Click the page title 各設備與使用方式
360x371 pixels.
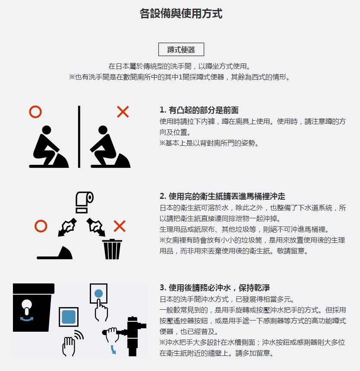click(x=181, y=13)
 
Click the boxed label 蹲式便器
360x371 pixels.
click(x=181, y=50)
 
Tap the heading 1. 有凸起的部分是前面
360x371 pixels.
click(x=199, y=110)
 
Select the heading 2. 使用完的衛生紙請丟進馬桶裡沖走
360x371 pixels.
click(x=222, y=196)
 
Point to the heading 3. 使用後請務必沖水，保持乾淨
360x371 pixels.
click(x=215, y=288)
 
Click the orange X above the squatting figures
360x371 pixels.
click(x=123, y=112)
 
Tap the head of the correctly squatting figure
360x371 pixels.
click(x=46, y=130)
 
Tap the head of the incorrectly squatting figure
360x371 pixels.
click(x=103, y=130)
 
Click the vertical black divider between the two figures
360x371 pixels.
click(x=79, y=136)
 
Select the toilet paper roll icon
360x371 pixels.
click(x=85, y=202)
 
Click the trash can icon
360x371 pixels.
click(x=112, y=249)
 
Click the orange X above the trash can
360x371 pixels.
click(x=120, y=226)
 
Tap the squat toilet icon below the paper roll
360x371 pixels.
click(x=55, y=253)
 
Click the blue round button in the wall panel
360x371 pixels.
click(x=98, y=294)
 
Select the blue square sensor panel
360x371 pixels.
click(x=69, y=317)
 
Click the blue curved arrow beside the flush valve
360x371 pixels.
click(x=114, y=349)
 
